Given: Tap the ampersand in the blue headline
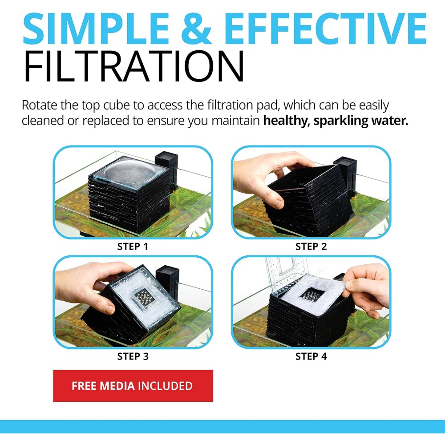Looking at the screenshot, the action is point(196,28).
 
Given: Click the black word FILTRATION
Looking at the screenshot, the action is point(133,66).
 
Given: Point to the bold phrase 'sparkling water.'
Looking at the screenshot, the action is point(361,120).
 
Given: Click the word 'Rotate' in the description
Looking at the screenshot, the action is point(40,105).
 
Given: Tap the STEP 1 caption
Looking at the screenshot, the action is point(133,247).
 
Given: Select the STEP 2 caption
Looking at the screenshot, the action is point(311,247).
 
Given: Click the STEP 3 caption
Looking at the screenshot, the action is point(133,356).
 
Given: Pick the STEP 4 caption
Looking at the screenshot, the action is point(311,356).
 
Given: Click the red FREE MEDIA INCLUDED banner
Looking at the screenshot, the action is point(133,386).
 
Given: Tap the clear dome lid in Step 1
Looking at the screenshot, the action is point(130,172).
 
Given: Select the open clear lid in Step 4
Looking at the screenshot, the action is point(286,274).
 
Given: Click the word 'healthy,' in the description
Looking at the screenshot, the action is point(287,121).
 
